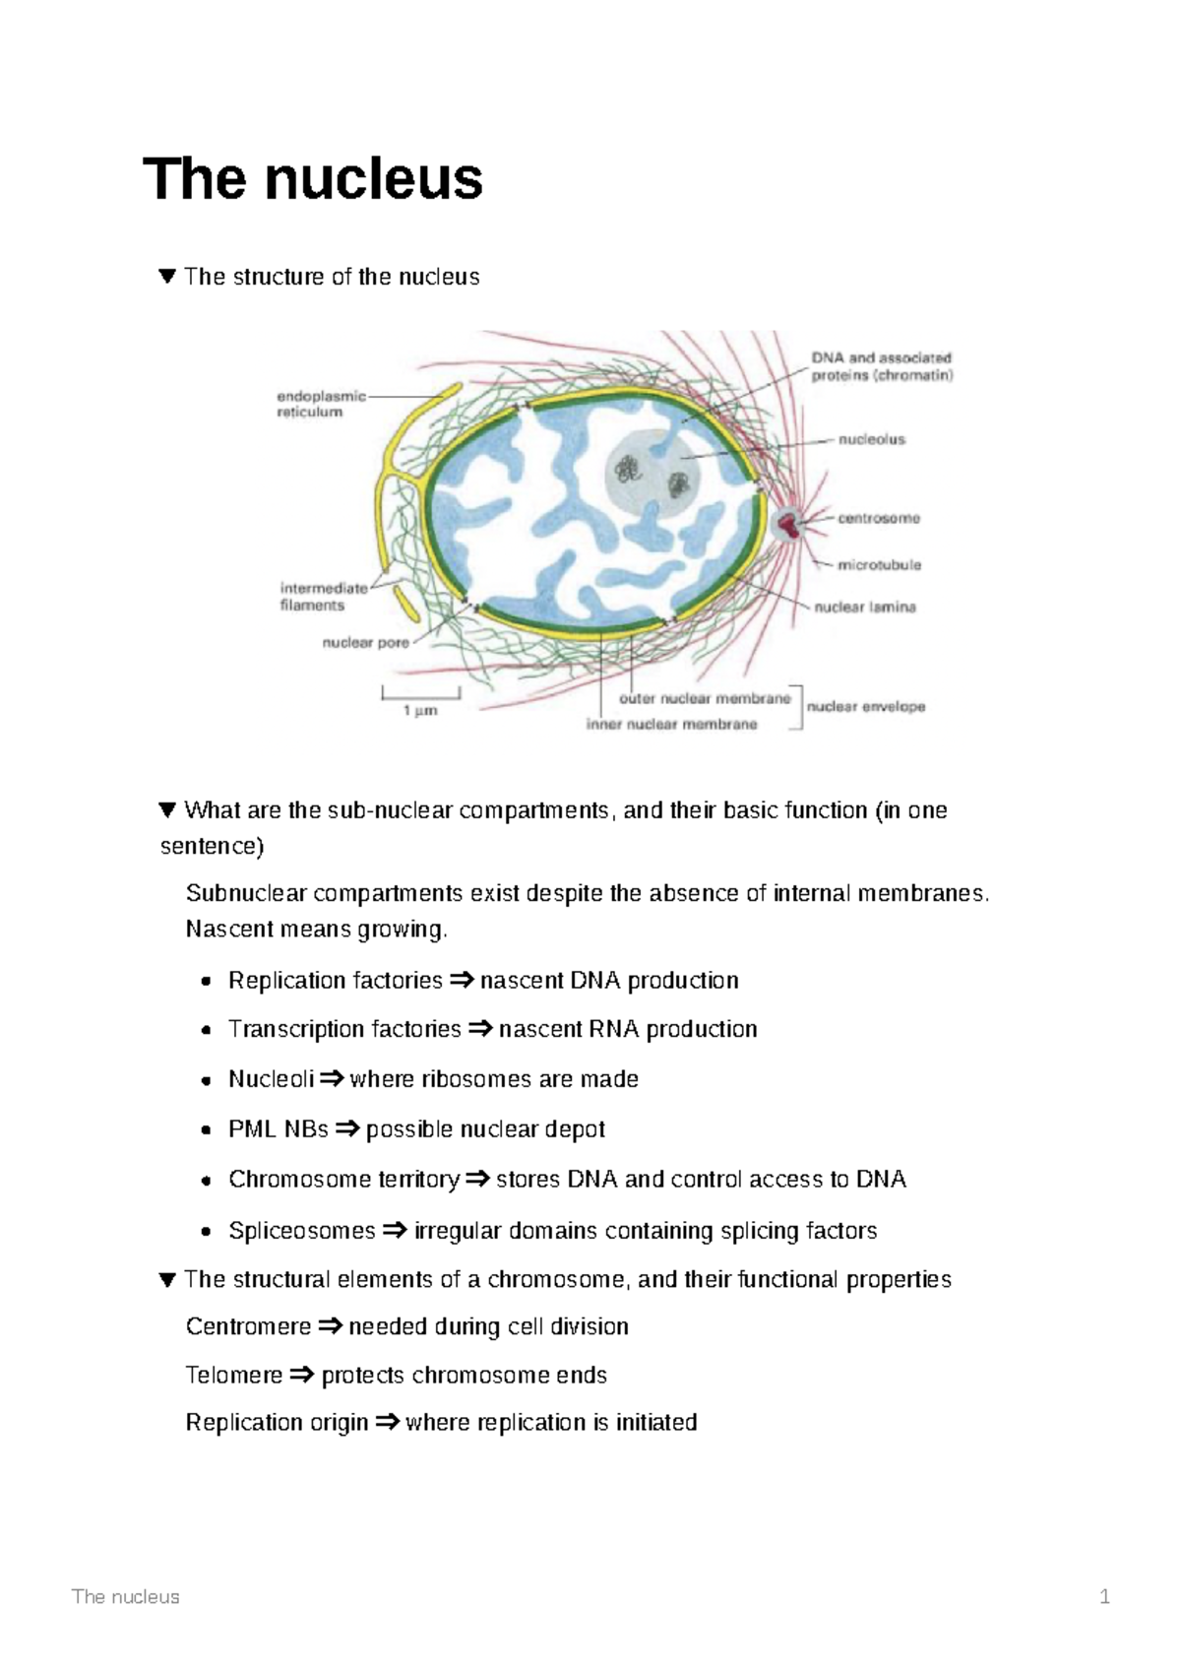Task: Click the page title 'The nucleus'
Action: (x=313, y=179)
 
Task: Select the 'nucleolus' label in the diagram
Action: (x=871, y=440)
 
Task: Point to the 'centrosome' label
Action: (x=878, y=518)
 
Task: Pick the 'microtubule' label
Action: (x=879, y=565)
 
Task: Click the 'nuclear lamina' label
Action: (x=864, y=608)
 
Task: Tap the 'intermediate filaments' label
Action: (x=323, y=597)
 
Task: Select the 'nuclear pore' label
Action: (x=365, y=643)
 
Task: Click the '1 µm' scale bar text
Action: (x=420, y=710)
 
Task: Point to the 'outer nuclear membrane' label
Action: (x=705, y=698)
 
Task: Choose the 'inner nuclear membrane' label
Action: (x=671, y=725)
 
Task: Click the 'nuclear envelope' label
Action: (x=866, y=707)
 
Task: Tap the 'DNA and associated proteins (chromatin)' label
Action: (x=881, y=366)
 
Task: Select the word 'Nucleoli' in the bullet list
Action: (x=271, y=1079)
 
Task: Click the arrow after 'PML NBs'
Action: (x=346, y=1129)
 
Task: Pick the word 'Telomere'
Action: (x=234, y=1375)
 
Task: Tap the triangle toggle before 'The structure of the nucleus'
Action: (x=166, y=277)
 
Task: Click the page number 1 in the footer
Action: (x=1104, y=1596)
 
